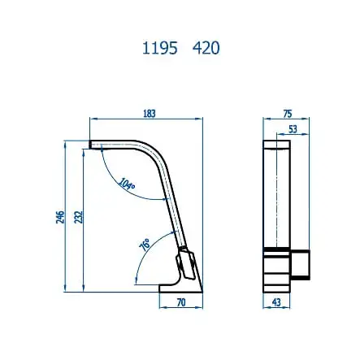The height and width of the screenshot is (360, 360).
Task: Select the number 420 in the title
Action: (x=206, y=48)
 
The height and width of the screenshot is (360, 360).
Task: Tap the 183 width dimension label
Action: (x=148, y=114)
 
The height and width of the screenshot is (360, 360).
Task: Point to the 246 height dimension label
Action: (x=59, y=217)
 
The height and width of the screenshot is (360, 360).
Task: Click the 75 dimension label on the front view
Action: (x=287, y=114)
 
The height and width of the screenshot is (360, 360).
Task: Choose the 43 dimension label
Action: (x=276, y=302)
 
